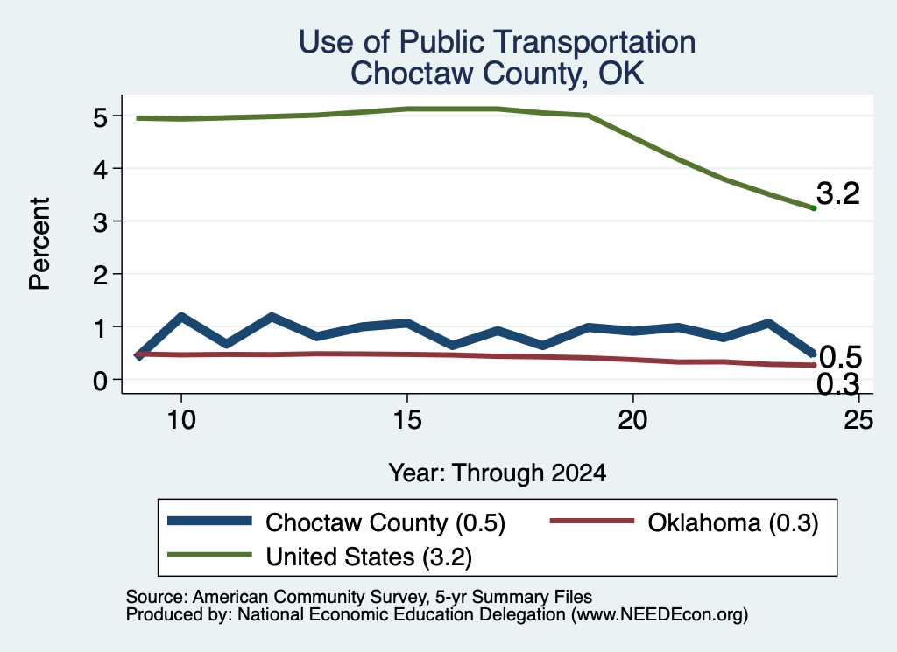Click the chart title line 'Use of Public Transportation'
[497, 42]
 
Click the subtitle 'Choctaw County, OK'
[497, 74]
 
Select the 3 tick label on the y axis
[100, 221]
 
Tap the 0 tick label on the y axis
[100, 380]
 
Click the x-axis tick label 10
[181, 420]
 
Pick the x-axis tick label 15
[406, 420]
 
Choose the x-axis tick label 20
[632, 420]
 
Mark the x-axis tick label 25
[858, 420]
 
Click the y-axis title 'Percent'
[40, 244]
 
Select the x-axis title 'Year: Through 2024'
[498, 473]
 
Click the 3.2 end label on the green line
[837, 193]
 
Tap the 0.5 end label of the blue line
[840, 357]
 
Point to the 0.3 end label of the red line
[837, 384]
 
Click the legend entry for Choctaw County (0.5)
[336, 522]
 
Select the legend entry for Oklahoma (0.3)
[684, 522]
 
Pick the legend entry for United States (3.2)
[320, 556]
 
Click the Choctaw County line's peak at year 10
[181, 316]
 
